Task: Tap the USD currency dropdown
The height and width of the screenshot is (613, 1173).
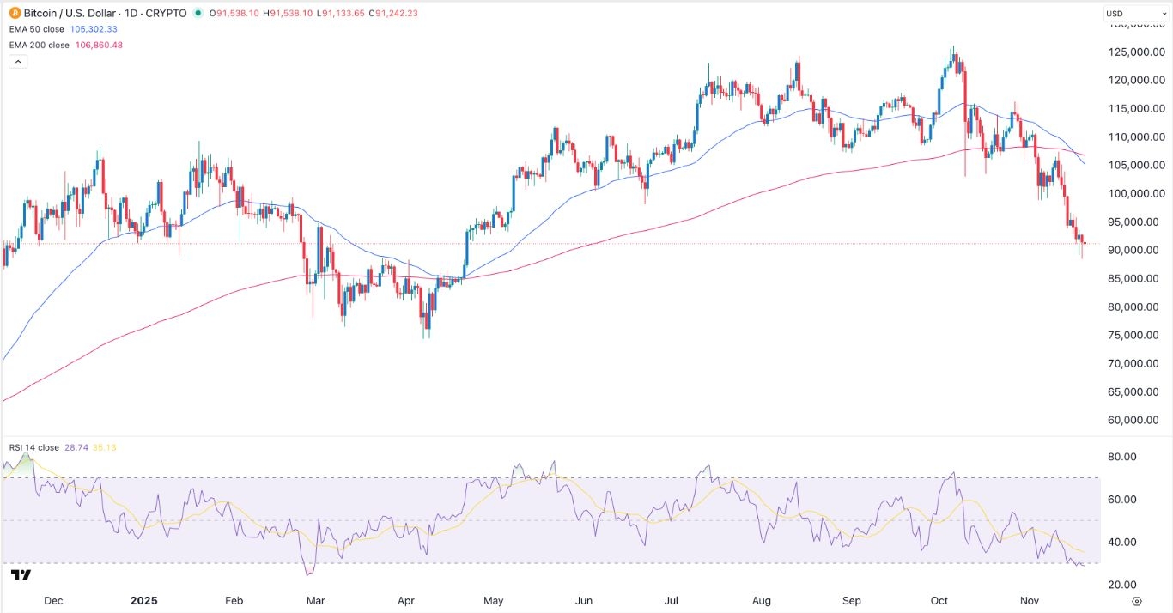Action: coord(1127,14)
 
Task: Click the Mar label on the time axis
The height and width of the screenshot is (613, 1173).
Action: coord(314,600)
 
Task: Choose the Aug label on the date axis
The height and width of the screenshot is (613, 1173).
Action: coord(761,600)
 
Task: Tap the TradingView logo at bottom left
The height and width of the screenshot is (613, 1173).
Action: coord(21,574)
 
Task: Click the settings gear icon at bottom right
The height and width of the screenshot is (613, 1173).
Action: coord(1137,600)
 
